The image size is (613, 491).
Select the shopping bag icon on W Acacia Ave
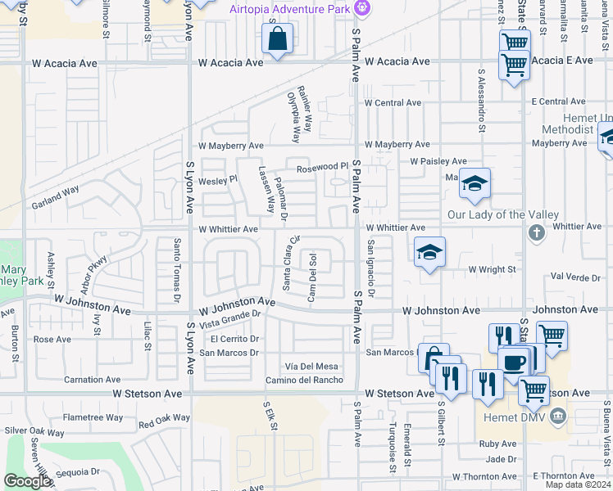click(278, 39)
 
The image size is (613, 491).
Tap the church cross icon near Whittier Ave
click(536, 233)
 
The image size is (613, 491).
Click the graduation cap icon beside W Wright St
click(429, 253)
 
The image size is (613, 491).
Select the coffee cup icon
click(514, 362)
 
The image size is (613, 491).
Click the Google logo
click(27, 481)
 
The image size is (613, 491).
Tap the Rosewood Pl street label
click(321, 167)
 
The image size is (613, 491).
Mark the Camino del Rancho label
click(303, 380)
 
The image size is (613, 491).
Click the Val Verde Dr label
click(579, 277)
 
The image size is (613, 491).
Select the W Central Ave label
click(393, 103)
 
